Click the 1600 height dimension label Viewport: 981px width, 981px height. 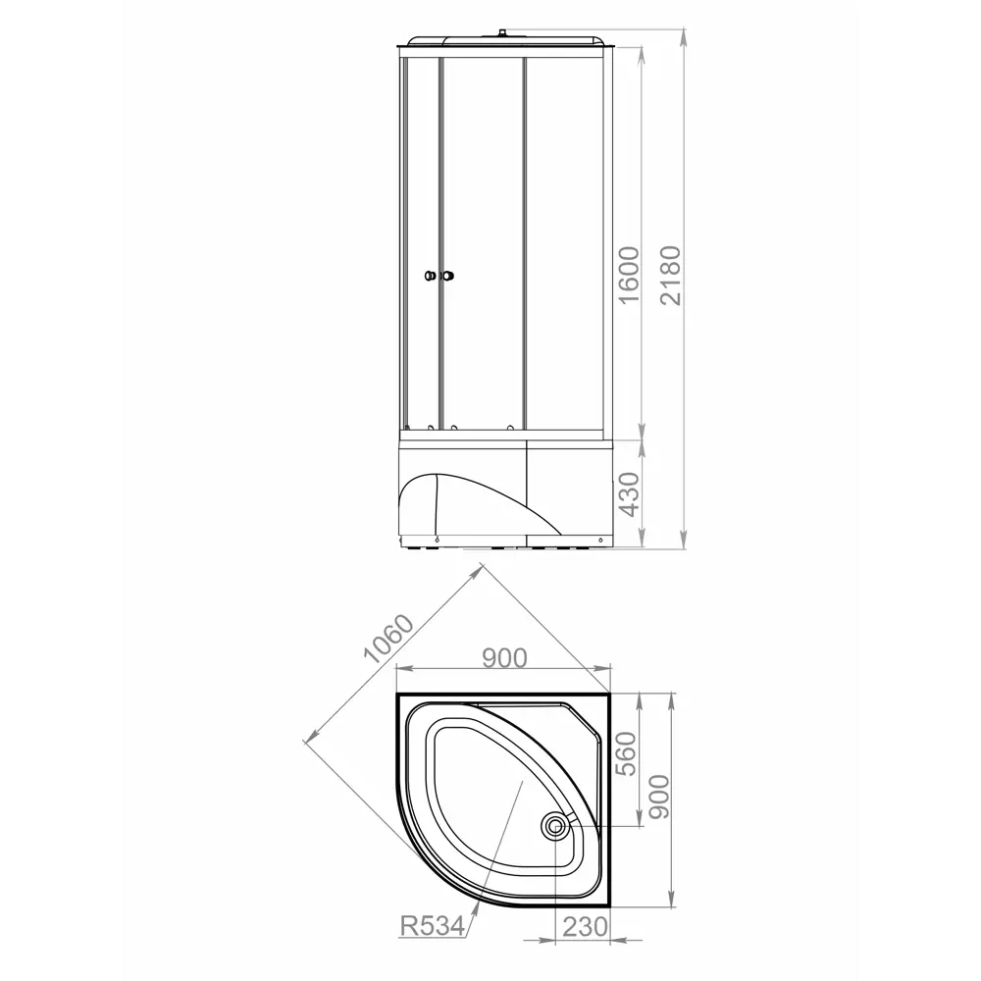pyautogui.click(x=629, y=274)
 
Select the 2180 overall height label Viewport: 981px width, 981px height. pyautogui.click(x=671, y=275)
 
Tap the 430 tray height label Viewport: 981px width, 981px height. pyautogui.click(x=629, y=494)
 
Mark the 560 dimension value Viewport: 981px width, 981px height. pyautogui.click(x=629, y=754)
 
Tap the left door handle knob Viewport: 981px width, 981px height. pyautogui.click(x=429, y=278)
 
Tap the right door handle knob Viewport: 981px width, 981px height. pyautogui.click(x=449, y=278)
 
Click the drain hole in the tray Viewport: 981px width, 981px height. pyautogui.click(x=556, y=827)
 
